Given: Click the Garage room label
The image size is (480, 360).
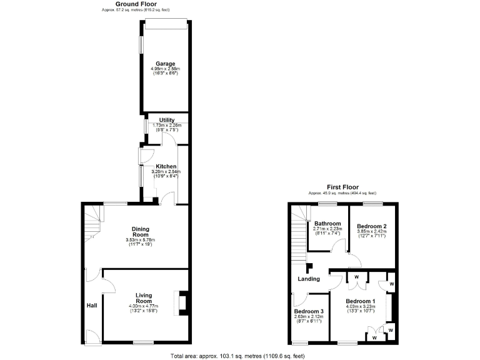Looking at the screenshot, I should tap(166, 63).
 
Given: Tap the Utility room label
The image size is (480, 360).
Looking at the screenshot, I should tap(167, 120).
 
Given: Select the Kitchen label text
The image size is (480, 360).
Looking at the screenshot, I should tap(166, 166).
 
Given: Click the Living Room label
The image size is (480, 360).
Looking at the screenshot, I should tap(144, 298).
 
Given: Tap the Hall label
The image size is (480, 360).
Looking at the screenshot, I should tap(92, 306).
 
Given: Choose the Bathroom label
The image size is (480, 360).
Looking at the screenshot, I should tap(327, 224).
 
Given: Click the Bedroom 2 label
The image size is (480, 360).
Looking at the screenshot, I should tap(372, 226).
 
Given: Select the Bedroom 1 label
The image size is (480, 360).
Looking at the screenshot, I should tap(361, 301).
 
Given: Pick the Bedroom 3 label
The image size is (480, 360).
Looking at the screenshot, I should tap(309, 311).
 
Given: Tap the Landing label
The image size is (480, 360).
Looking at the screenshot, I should tap(309, 279).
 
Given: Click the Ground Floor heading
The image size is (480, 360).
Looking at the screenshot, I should tap(135, 4).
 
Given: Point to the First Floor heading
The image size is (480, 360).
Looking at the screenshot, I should tap(342, 187).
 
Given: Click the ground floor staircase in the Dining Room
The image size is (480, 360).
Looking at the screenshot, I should tap(92, 224).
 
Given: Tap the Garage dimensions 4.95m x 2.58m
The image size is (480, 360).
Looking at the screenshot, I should tap(166, 69).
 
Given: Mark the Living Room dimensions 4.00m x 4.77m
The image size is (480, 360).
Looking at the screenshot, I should tap(144, 306).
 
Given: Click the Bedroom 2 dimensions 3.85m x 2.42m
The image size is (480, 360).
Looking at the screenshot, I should tap(372, 231).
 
